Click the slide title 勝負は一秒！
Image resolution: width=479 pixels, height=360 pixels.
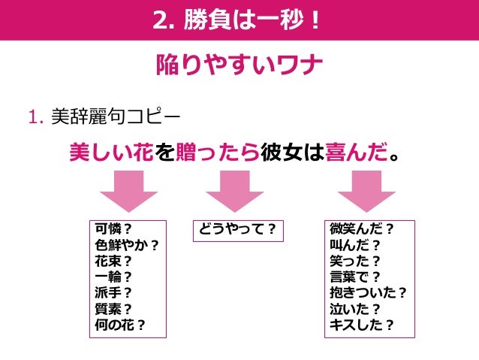coord(239,20)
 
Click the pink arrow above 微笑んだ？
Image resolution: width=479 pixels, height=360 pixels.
coord(365,191)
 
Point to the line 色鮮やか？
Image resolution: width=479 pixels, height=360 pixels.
coord(128,245)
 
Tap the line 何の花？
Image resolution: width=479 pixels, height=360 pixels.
coord(120,325)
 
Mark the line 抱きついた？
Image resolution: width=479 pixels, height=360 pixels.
coord(369,293)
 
